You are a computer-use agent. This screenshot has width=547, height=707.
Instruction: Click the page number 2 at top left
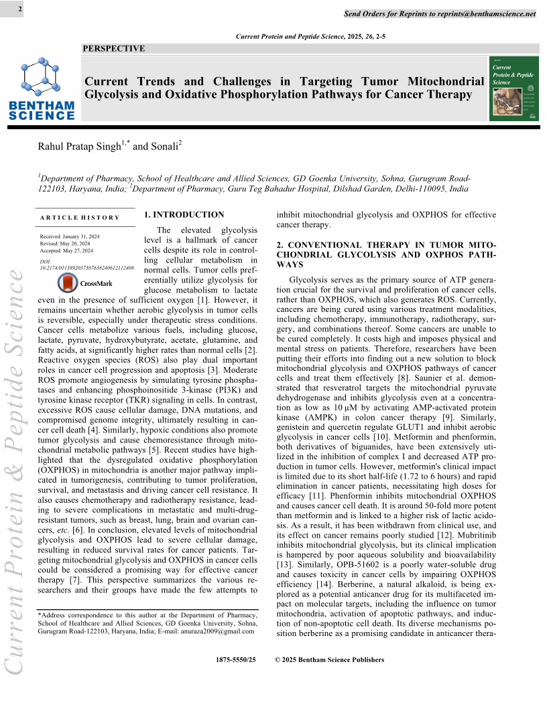tap(20, 9)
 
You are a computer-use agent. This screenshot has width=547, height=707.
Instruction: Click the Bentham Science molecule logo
tap(41, 75)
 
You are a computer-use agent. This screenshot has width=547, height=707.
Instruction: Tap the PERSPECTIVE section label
tap(113, 48)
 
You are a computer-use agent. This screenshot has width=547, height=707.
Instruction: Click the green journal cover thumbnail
tap(515, 88)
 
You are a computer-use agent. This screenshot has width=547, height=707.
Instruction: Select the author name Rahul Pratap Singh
tap(78, 147)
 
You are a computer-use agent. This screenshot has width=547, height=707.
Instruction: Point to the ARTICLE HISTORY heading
tap(80, 218)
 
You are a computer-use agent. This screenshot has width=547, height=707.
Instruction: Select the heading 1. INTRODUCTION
tap(184, 215)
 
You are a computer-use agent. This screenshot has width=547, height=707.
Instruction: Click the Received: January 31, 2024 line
tap(70, 238)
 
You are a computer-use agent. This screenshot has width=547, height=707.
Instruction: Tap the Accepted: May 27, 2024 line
tap(68, 251)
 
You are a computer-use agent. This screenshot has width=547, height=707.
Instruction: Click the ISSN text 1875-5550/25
tap(236, 660)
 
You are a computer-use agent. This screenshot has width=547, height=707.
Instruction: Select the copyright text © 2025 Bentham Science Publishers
tap(330, 660)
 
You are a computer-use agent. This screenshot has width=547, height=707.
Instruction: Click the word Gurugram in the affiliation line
tap(416, 178)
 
